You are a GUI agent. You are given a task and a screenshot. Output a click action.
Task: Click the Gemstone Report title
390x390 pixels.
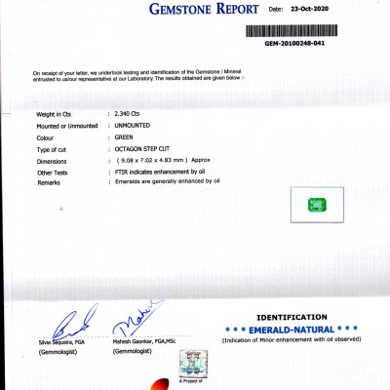pos(206,11)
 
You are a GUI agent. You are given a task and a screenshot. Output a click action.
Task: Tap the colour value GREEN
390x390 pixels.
pos(125,137)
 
